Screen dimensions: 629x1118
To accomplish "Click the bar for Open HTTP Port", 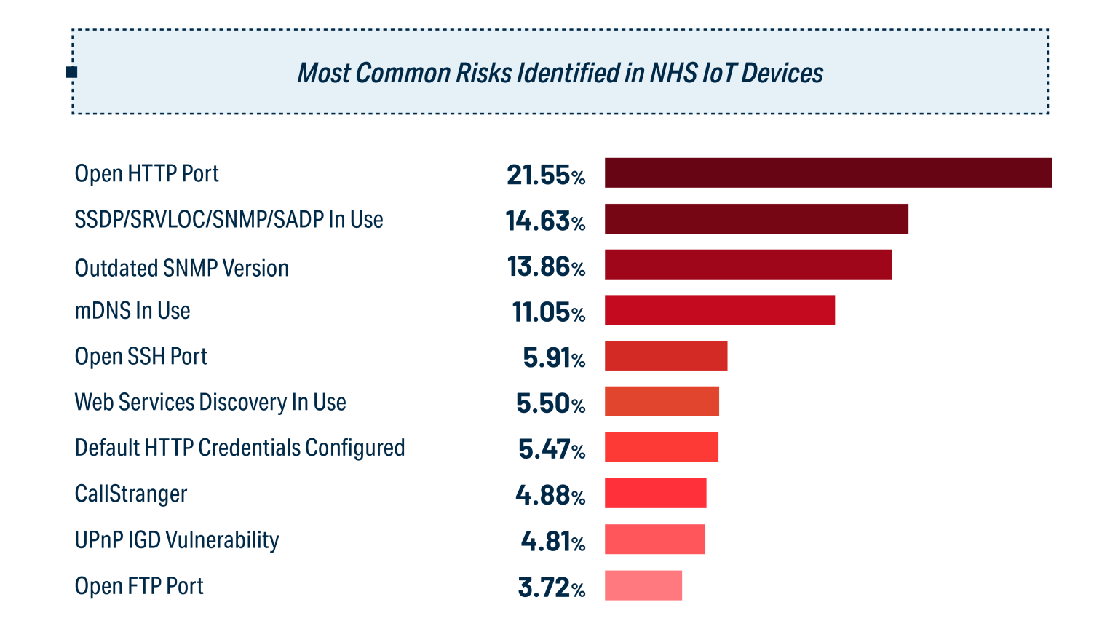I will point(828,173).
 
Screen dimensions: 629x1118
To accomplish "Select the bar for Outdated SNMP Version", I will point(748,265).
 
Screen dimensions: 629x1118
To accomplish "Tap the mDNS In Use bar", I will point(719,310).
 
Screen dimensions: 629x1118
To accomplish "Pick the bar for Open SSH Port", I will point(665,356).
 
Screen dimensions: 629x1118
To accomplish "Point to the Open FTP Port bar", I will point(643,585).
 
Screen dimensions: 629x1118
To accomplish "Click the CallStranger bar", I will point(655,494).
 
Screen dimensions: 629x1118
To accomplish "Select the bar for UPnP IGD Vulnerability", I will point(654,539).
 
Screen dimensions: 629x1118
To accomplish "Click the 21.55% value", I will point(546,175).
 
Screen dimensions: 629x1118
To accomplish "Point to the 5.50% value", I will point(550,404).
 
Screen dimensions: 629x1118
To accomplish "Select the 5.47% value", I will point(551,450).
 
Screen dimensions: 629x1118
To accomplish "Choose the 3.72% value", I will point(551,588).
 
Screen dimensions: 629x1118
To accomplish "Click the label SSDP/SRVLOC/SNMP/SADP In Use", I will point(229,220).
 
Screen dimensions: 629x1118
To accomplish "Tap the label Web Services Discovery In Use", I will point(210,403).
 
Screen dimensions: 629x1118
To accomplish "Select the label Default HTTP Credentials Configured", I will point(239,448).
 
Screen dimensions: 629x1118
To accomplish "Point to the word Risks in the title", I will point(484,74).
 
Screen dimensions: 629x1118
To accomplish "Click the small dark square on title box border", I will point(71,72).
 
